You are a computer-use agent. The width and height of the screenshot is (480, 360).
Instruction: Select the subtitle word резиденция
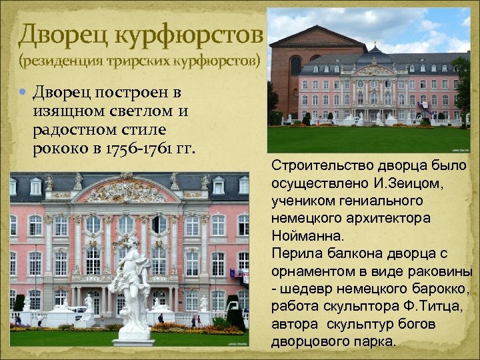pos(60,62)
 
